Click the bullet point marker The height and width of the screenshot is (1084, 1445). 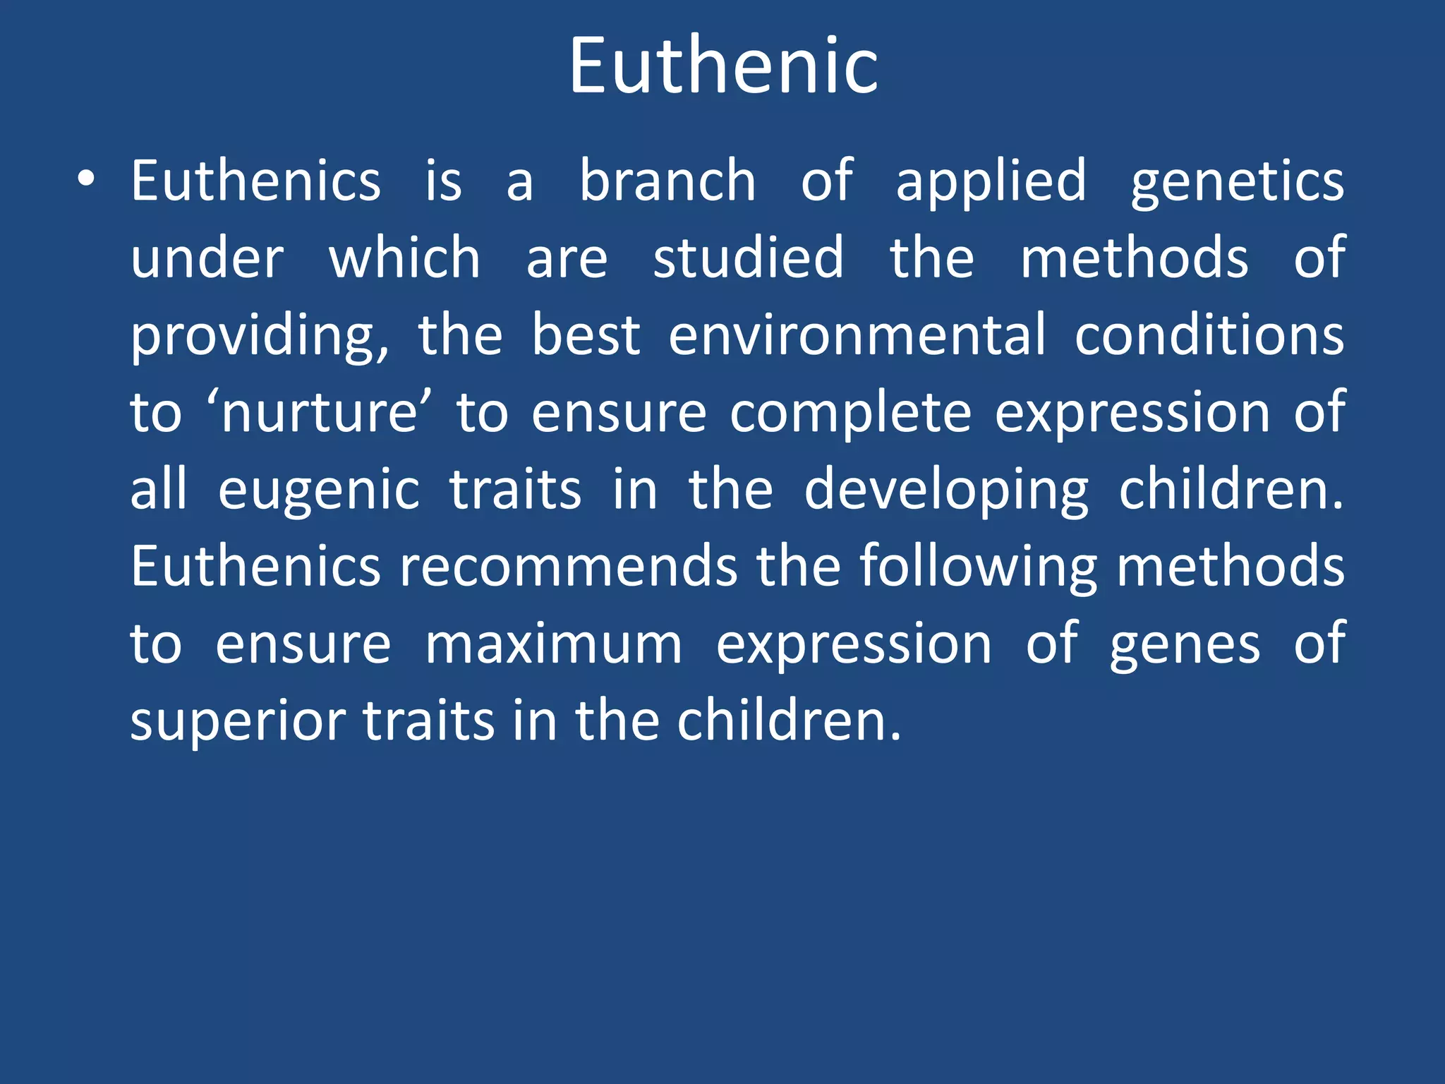86,180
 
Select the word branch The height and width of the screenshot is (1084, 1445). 667,181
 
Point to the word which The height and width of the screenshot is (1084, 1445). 404,258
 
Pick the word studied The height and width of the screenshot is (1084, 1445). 748,258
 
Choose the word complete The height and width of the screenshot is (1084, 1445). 850,414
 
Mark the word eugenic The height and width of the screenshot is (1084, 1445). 318,491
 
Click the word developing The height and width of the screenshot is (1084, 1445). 946,491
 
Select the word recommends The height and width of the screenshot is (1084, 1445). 568,567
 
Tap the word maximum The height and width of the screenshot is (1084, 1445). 554,644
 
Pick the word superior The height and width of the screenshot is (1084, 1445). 238,722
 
